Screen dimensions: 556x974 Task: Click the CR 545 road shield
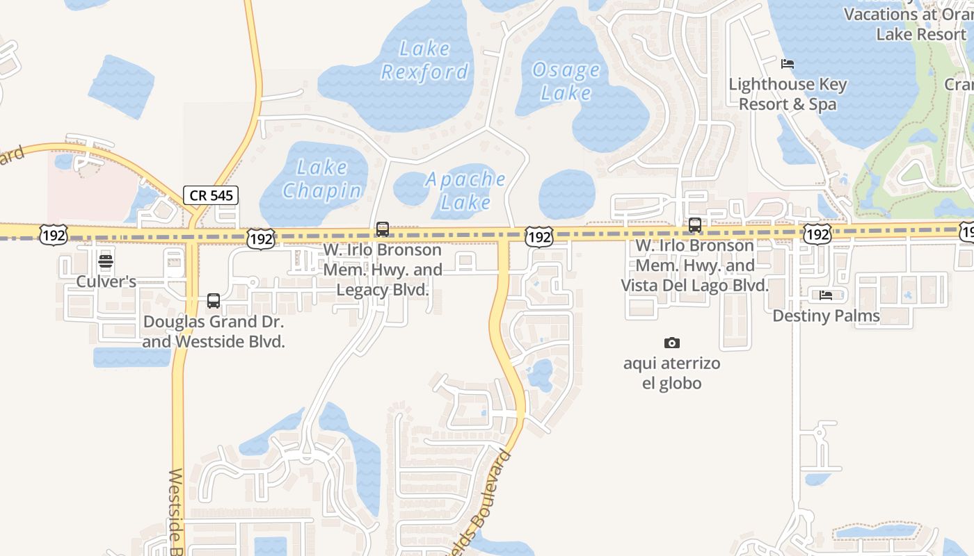[x=211, y=195]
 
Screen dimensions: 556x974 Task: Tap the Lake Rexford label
[x=424, y=60]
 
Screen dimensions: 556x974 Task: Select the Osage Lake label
[x=566, y=81]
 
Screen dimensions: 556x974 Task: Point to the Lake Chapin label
[x=321, y=179]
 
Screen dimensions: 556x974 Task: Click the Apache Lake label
[x=465, y=190]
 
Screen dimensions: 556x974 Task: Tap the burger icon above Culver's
[x=106, y=262]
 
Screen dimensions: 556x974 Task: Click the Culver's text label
[x=106, y=281]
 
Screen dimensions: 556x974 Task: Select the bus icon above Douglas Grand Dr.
[x=214, y=301]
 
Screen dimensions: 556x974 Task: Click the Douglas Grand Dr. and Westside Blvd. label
[x=214, y=332]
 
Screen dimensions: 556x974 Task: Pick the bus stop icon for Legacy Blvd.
[x=382, y=229]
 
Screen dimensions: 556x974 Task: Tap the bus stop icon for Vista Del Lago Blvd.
[x=694, y=225]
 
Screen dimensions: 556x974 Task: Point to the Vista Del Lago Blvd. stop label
[x=695, y=265]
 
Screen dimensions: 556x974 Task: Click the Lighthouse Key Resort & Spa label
[x=788, y=95]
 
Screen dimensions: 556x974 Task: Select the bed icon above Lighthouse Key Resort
[x=788, y=64]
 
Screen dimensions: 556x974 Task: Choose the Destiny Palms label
[x=826, y=316]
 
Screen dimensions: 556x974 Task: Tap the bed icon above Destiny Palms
[x=826, y=295]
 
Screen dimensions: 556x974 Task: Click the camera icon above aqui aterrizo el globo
[x=671, y=343]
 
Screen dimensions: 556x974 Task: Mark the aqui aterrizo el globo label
[x=671, y=373]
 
